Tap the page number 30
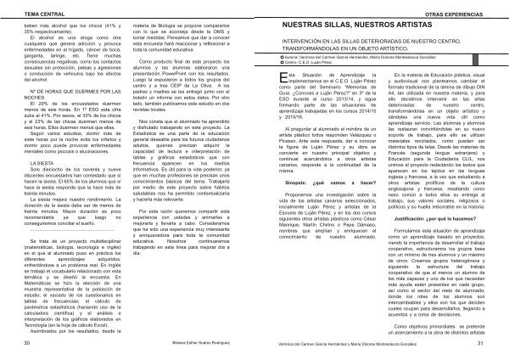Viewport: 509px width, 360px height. point(28,344)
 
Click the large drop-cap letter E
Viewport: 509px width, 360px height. point(284,79)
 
